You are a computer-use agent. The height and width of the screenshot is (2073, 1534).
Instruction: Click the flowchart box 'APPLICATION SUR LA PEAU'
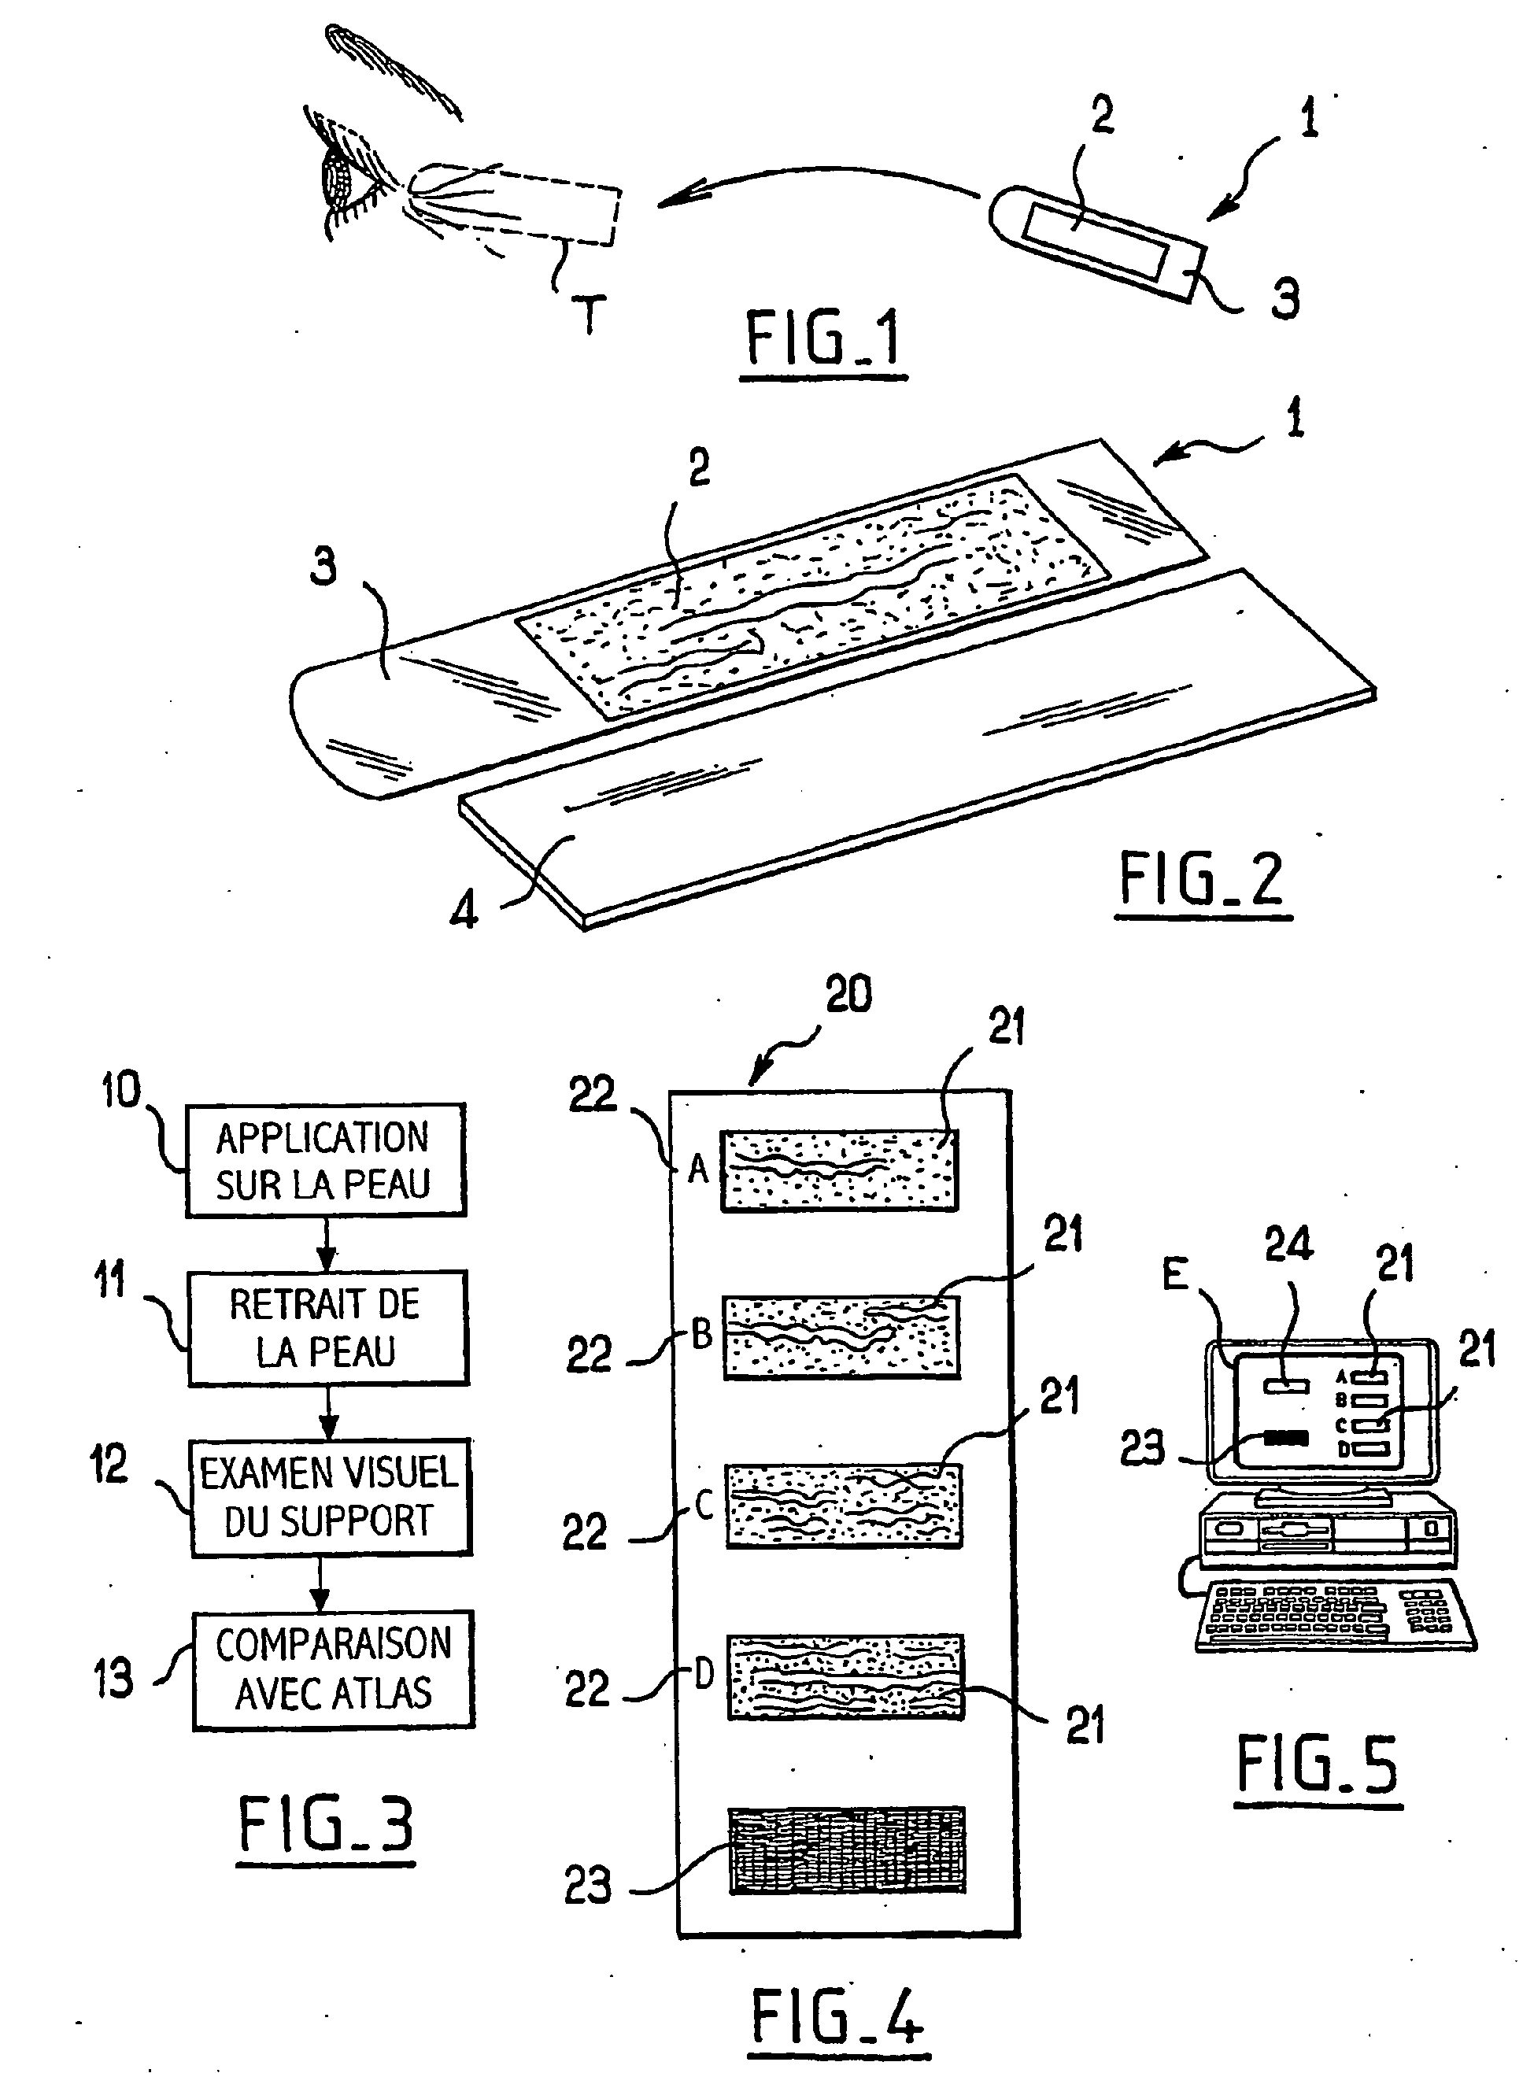coord(325,1159)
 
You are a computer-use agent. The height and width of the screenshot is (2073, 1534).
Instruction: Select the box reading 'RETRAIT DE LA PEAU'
coord(327,1328)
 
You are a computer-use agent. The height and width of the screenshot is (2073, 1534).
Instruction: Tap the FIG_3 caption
coord(325,1824)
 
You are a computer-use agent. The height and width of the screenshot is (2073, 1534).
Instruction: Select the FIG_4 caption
coord(837,2016)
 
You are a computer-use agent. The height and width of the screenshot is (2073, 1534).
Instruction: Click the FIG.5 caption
coord(1317,1764)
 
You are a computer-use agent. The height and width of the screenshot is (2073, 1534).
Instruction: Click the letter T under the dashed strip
coord(589,313)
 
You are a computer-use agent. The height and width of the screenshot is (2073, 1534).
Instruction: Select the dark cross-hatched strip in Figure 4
coord(847,1850)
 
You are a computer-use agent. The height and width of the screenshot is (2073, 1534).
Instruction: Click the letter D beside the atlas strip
coord(704,1674)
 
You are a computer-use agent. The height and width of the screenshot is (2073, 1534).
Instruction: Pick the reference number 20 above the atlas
coord(848,994)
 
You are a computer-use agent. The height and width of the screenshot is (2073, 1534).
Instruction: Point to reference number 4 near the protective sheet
coord(464,910)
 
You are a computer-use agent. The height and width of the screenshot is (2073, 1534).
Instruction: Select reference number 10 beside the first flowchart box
coord(120,1090)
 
